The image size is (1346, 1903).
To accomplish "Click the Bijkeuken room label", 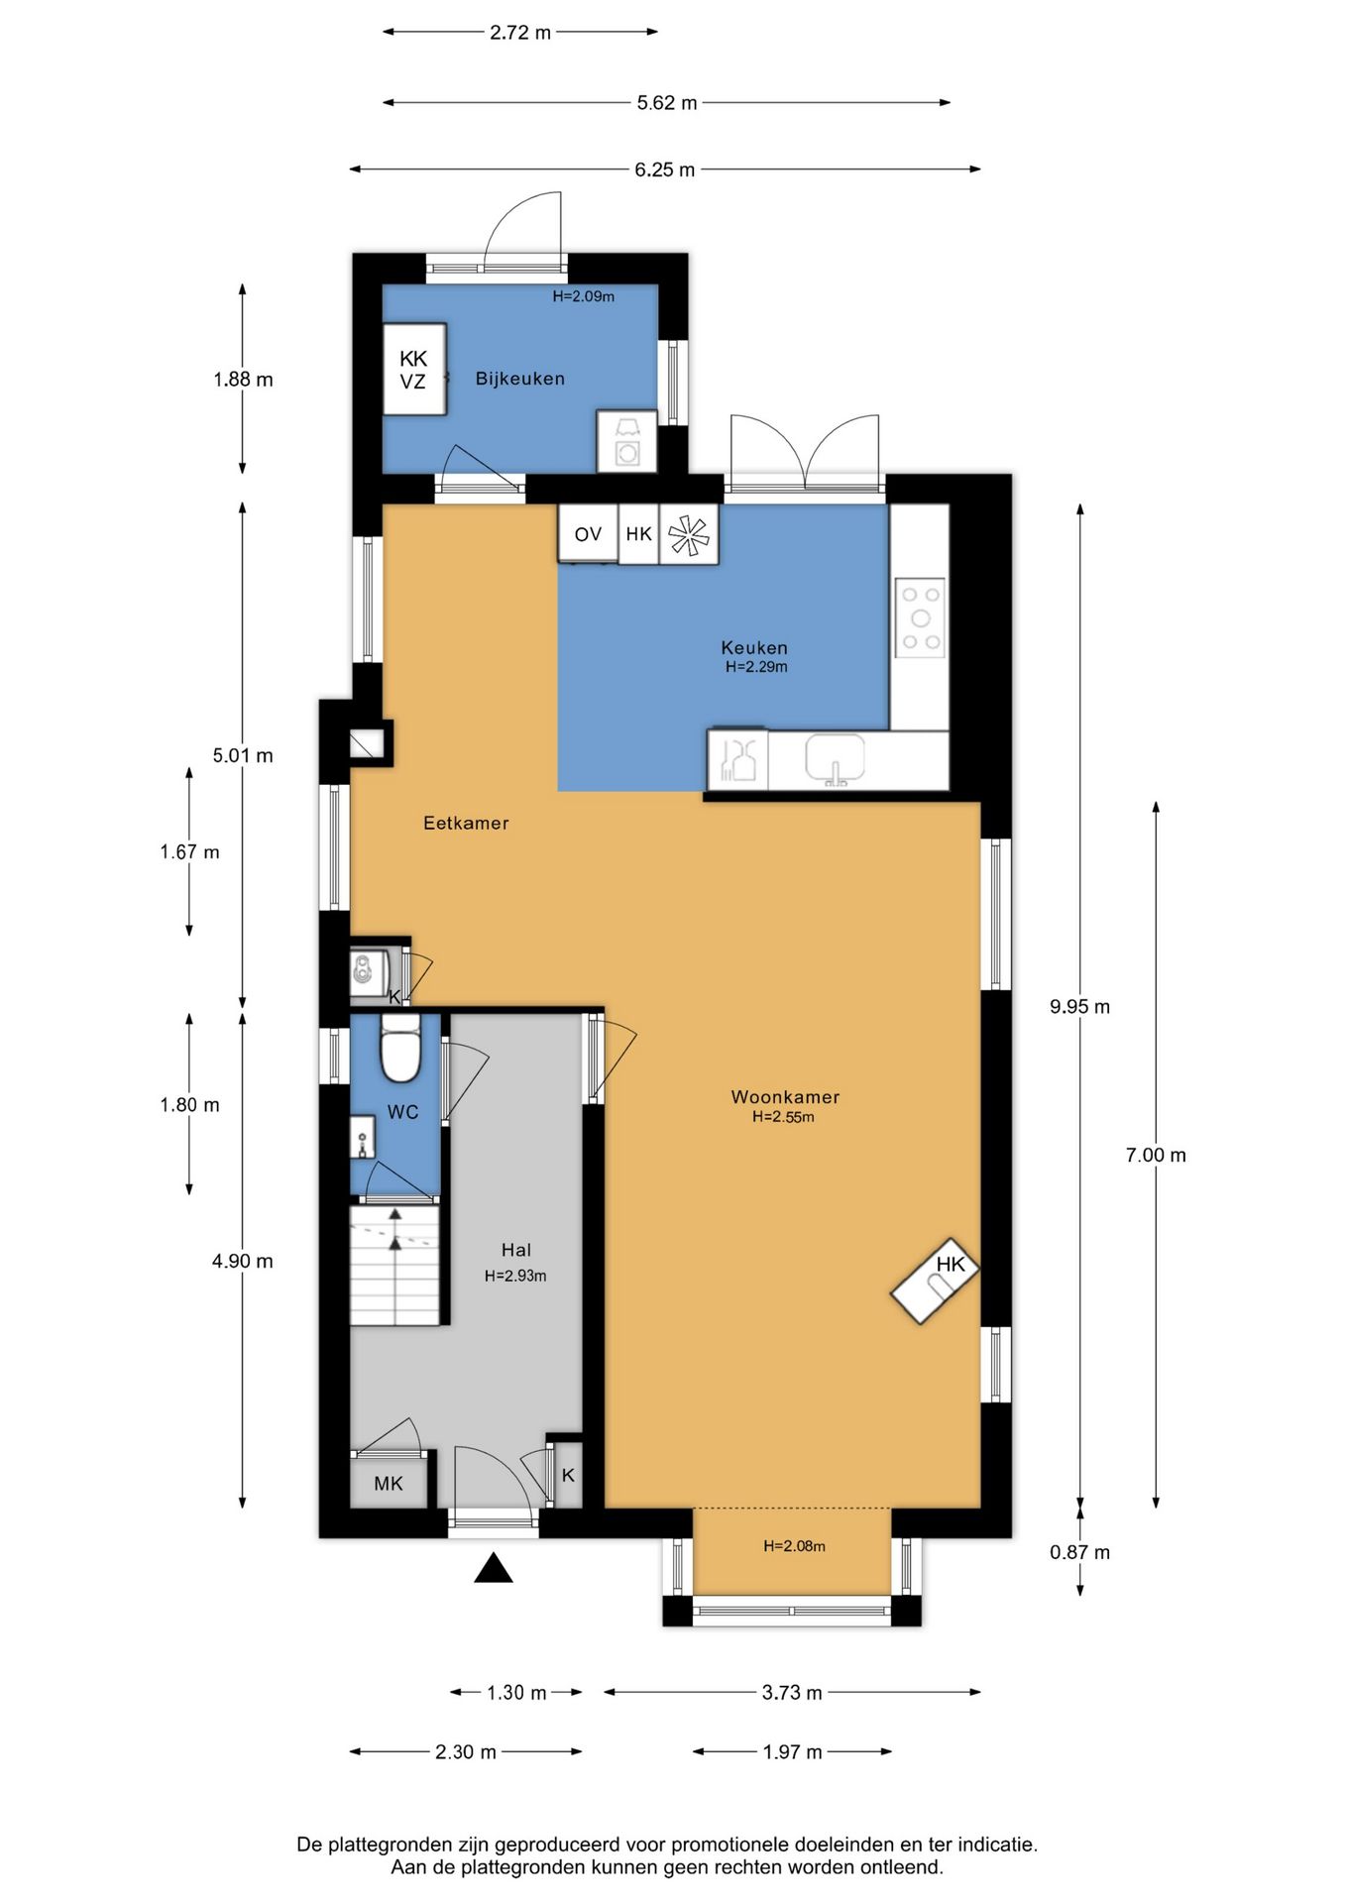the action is [x=519, y=379].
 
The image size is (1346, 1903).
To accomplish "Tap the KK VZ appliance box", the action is [x=414, y=369].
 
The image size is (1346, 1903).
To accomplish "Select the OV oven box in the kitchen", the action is [x=588, y=534].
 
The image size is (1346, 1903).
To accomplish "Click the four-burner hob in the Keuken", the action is [x=920, y=618].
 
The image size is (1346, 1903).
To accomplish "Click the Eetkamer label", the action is [x=466, y=823].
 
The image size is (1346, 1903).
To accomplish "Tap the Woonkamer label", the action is [x=785, y=1096].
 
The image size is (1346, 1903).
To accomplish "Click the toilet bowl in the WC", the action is [x=401, y=1048].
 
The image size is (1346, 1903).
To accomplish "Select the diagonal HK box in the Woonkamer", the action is [x=935, y=1281].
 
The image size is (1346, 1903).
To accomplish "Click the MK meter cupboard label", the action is [x=389, y=1484].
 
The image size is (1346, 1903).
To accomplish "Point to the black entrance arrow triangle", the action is [x=493, y=1568].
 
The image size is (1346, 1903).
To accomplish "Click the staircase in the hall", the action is [x=394, y=1265].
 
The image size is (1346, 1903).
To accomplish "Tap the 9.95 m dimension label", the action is [x=1080, y=1007].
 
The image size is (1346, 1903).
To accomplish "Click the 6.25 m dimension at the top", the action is [x=665, y=169].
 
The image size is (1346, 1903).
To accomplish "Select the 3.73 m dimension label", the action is [x=792, y=1692].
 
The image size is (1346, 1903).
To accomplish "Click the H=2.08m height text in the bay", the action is [x=794, y=1545].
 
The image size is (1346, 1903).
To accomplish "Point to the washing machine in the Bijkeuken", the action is [x=626, y=441].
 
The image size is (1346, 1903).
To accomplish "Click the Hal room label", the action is [x=516, y=1251].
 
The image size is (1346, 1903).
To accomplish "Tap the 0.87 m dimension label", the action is [x=1080, y=1552].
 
